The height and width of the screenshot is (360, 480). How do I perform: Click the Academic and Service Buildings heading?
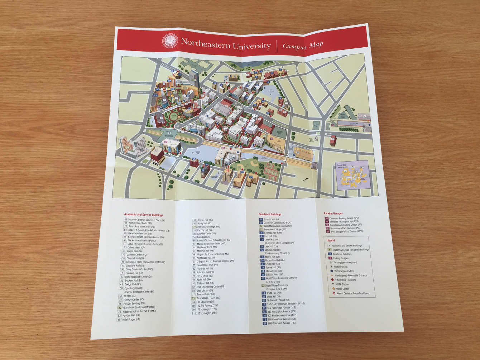[x=143, y=215]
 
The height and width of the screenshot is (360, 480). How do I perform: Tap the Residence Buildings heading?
[x=270, y=214]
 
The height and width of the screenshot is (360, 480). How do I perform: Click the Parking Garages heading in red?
[x=333, y=213]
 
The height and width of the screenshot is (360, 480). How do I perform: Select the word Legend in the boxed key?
[x=330, y=240]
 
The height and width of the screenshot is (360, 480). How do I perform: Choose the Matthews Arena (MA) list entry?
[x=207, y=247]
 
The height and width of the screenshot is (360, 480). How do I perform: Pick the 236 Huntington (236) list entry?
[x=206, y=313]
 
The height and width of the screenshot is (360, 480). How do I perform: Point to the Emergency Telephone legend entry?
[x=345, y=280]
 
